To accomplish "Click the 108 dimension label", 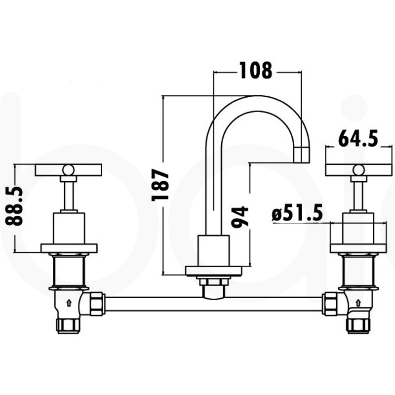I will (x=256, y=71).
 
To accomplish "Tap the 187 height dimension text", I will (x=161, y=185).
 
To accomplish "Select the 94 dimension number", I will (x=240, y=216).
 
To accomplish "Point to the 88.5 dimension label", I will (x=16, y=206).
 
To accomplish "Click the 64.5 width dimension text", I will (x=358, y=138).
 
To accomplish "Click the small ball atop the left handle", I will (x=68, y=170).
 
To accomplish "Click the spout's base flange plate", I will (x=213, y=271).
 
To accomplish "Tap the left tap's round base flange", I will (x=69, y=248).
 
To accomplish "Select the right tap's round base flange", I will (x=358, y=248).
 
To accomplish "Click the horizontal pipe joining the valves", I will (x=213, y=303).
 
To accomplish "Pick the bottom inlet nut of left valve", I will (x=68, y=325).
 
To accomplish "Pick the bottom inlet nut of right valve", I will (x=358, y=325).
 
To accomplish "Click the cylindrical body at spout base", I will (x=213, y=251).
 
